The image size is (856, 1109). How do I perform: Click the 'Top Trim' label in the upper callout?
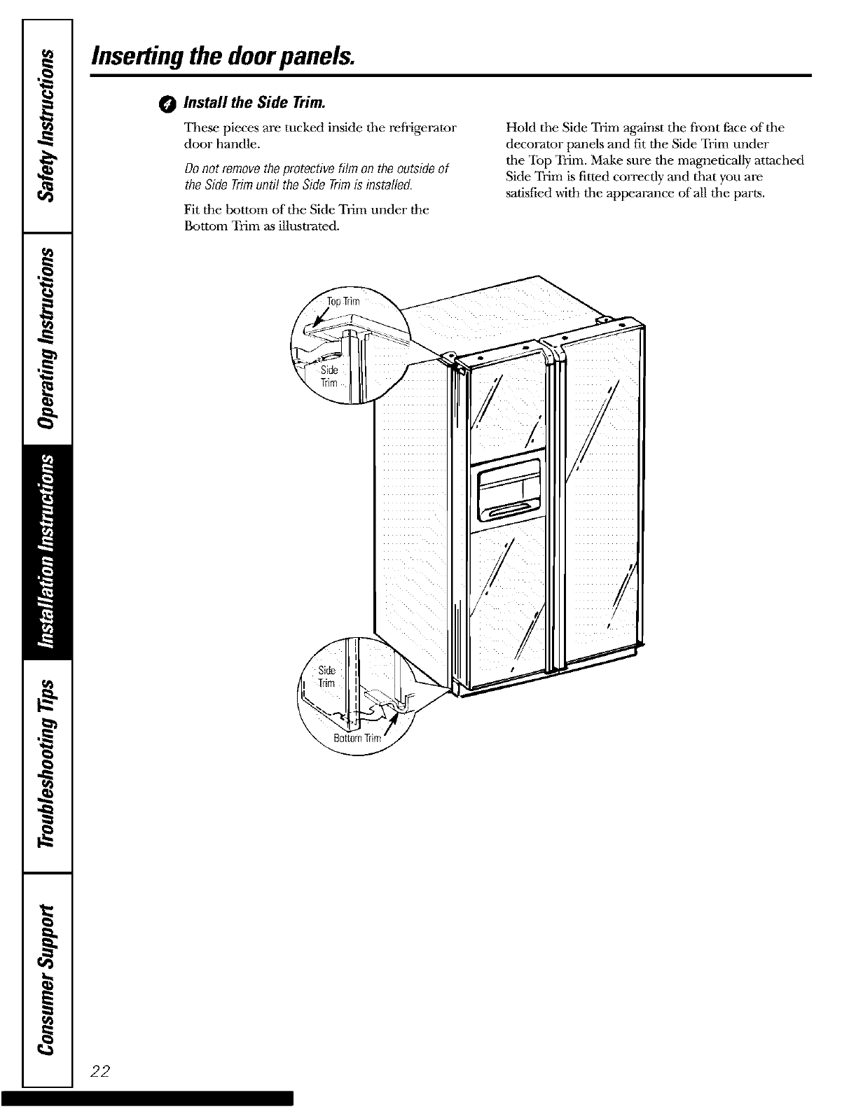pyautogui.click(x=343, y=302)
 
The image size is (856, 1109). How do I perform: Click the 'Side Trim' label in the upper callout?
pyautogui.click(x=329, y=376)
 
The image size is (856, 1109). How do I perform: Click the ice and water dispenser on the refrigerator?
pyautogui.click(x=506, y=494)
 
